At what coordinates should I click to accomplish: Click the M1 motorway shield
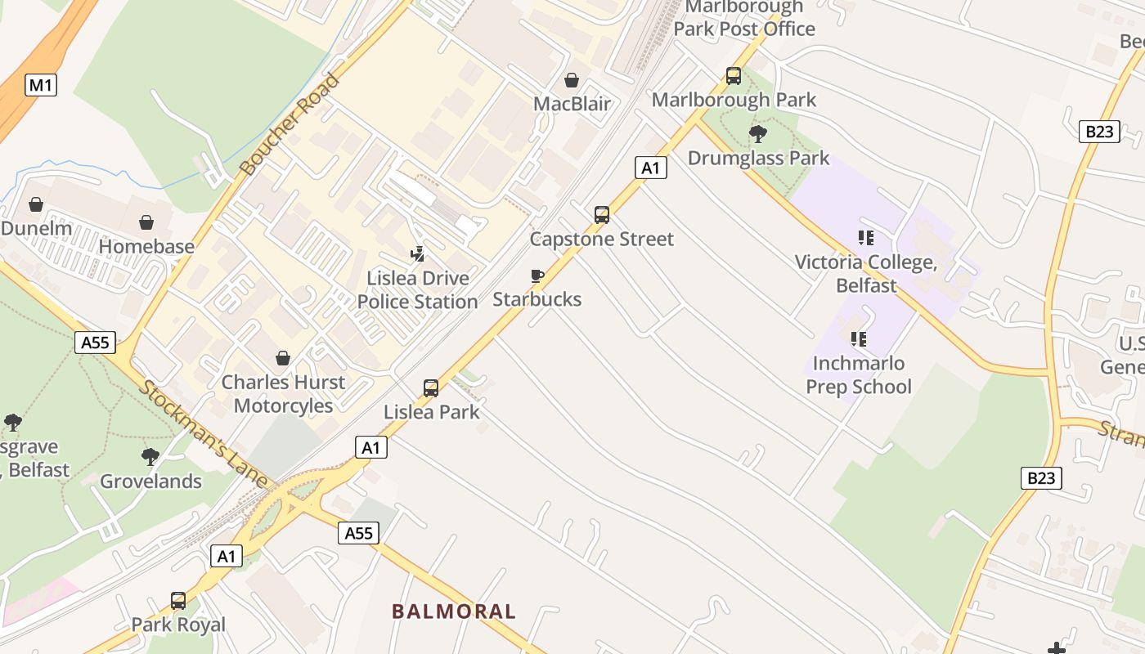point(41,84)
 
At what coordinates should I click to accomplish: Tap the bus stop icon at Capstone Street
point(602,215)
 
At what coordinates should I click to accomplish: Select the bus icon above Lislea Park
point(431,387)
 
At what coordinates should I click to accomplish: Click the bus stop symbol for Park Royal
point(178,601)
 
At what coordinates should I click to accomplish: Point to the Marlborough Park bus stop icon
point(734,76)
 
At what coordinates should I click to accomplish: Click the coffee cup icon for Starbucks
point(537,275)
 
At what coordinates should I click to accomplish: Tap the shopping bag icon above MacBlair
point(572,80)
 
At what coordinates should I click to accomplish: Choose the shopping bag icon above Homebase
point(146,222)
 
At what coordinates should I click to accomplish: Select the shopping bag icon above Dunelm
point(36,204)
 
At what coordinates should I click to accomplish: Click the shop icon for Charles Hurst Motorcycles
point(283,358)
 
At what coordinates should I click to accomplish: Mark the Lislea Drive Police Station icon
point(418,254)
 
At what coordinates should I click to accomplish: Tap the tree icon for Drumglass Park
point(758,133)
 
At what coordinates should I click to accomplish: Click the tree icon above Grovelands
point(150,456)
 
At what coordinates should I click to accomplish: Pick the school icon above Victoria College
point(866,238)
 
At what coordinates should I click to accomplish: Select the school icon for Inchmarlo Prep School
point(858,338)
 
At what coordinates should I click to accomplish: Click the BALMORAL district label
point(454,611)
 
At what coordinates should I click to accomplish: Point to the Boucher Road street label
point(290,124)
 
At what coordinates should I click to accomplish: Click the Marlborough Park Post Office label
point(744,18)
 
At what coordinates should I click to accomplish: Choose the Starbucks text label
point(537,299)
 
